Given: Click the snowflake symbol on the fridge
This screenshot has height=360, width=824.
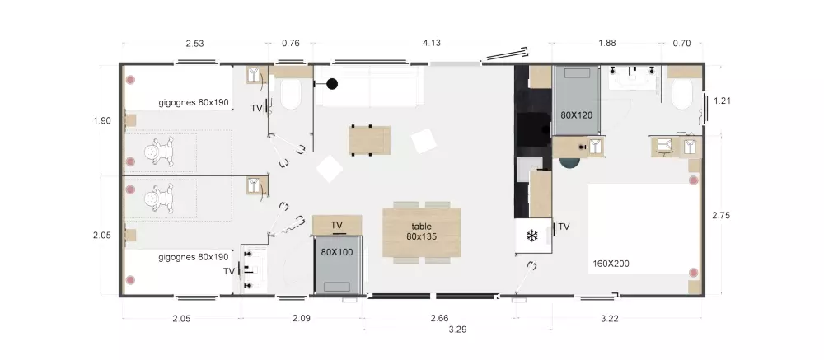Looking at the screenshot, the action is (x=531, y=236).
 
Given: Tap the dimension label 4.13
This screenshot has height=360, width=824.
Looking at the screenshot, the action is (x=432, y=43).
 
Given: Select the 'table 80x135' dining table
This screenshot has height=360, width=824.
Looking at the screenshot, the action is (x=421, y=231).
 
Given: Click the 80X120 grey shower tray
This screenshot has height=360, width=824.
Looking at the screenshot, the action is (x=577, y=101).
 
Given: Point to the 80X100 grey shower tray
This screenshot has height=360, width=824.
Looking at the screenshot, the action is (x=337, y=265).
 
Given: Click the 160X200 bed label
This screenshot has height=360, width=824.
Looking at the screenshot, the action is (x=611, y=264).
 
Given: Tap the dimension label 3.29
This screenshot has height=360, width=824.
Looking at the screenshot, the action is (x=457, y=330).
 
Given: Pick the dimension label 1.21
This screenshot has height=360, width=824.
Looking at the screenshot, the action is (x=723, y=101).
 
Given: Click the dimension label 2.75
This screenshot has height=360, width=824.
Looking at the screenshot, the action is (x=721, y=215).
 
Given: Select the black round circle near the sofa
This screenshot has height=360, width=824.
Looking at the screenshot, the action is (x=332, y=83).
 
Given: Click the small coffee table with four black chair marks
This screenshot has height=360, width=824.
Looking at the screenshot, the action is (x=369, y=140).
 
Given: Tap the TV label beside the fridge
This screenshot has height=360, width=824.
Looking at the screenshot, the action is (x=564, y=227).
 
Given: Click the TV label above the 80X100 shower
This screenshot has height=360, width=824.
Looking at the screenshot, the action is (x=337, y=226).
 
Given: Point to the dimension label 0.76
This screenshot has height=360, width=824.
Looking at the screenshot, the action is (x=291, y=43).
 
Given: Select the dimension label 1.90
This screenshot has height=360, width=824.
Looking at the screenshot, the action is (x=102, y=121).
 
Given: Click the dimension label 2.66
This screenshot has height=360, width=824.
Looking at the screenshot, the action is (x=439, y=318).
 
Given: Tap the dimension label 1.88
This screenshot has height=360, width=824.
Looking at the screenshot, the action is (x=607, y=43).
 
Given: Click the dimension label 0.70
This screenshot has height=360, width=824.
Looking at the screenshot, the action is (x=681, y=43).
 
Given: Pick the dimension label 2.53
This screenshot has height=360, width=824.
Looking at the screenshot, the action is (x=194, y=43).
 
